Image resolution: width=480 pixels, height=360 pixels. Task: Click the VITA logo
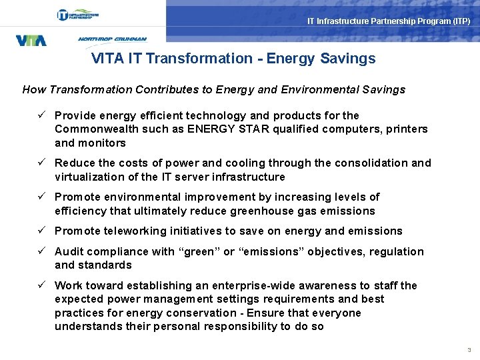[x=31, y=40]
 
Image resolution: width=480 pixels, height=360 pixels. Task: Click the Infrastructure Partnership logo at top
[x=79, y=15]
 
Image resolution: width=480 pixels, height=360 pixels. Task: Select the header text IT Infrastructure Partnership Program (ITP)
[x=389, y=21]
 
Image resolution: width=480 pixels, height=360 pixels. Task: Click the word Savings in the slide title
[x=347, y=59]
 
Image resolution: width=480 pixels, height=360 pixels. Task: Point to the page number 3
[x=469, y=350]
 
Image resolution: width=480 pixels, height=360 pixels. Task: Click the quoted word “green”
[x=199, y=251]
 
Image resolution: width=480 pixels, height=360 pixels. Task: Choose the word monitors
[x=102, y=143]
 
